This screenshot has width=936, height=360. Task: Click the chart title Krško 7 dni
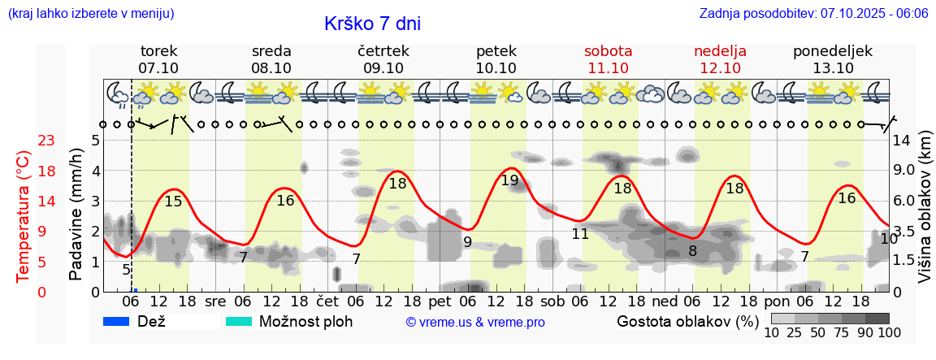coord(372,24)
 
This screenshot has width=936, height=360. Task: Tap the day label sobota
coord(608,51)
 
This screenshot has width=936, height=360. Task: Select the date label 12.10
coord(720,68)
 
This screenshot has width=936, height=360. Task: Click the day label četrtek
coord(383,51)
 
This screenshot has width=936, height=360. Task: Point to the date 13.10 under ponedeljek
coord(833,68)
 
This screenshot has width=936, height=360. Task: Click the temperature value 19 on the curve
coord(509,180)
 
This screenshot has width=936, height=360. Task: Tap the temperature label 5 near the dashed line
coord(126,270)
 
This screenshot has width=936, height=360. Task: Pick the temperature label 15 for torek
coord(173,201)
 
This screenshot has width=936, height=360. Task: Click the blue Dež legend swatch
coord(117,321)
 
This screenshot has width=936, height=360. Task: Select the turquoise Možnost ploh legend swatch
coord(239,321)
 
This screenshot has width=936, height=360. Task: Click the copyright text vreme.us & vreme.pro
coord(475,322)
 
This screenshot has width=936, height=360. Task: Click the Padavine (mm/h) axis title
coord(76,215)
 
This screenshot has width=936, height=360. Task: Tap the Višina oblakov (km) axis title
coord(925,215)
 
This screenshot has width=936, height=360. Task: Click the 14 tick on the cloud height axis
coord(902,141)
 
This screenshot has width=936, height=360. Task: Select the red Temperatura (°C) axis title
coord(24,216)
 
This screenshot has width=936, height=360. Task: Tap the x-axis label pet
coord(440,301)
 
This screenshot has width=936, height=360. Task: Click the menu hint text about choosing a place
coord(90,14)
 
